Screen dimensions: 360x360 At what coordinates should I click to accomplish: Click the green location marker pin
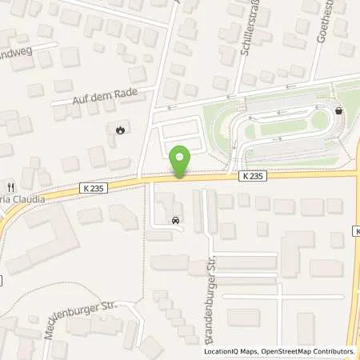pos(182,160)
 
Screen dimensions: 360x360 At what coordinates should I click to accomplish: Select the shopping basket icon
pos(341,111)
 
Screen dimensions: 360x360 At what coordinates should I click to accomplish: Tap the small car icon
pos(175,218)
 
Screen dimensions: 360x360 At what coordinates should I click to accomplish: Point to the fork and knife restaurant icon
pos(10,182)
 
